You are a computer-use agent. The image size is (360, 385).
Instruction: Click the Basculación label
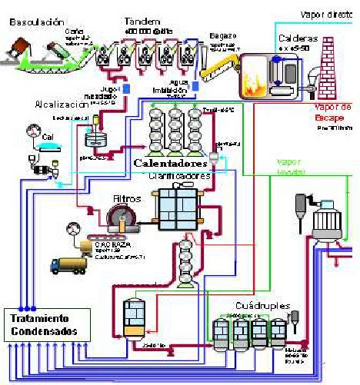(x=35, y=22)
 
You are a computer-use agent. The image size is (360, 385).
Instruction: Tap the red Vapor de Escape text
(x=333, y=112)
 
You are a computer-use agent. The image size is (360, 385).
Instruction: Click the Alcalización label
(x=62, y=104)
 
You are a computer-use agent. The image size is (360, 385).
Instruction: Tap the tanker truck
(x=71, y=262)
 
